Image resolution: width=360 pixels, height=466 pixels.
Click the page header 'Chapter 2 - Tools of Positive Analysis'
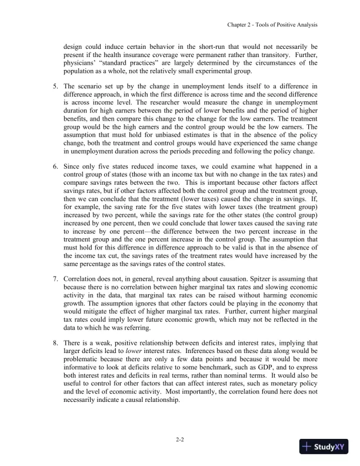click(268, 25)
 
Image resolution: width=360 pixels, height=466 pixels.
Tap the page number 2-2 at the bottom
click(180, 439)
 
